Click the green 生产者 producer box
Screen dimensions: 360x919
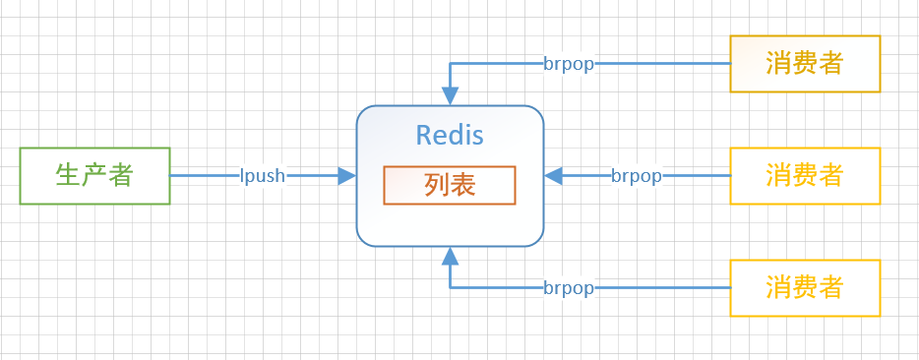click(x=94, y=176)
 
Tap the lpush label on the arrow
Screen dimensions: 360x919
click(x=263, y=176)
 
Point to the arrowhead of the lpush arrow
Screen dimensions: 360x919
click(x=346, y=176)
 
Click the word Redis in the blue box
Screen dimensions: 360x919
click(x=450, y=135)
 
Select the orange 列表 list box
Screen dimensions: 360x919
click(x=450, y=185)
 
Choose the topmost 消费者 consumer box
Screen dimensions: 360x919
click(x=805, y=64)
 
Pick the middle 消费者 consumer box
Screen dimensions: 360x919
click(x=805, y=176)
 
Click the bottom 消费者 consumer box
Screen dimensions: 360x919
click(x=805, y=288)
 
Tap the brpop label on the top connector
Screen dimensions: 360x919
click(x=569, y=64)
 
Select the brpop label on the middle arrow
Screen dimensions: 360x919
click(x=636, y=176)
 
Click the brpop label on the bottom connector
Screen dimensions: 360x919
click(x=569, y=288)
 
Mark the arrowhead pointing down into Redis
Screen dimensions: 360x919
click(x=451, y=96)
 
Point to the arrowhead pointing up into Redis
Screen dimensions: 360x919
click(x=451, y=256)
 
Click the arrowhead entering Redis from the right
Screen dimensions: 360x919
click(x=553, y=176)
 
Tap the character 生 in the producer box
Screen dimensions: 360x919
click(x=68, y=176)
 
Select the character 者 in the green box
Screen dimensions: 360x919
click(x=121, y=176)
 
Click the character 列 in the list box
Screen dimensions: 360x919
click(x=437, y=185)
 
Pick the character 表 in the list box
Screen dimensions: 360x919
click(x=463, y=185)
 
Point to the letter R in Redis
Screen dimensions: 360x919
click(x=424, y=135)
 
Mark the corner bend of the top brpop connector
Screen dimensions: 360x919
click(x=451, y=64)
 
